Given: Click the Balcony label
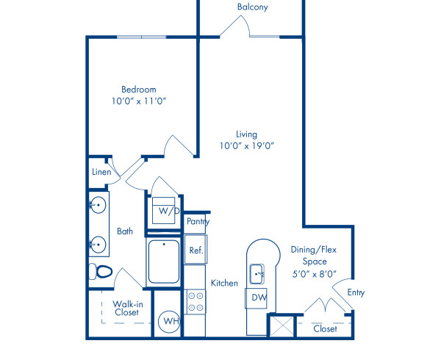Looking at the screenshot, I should click(252, 7).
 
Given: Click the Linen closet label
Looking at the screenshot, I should click(101, 172).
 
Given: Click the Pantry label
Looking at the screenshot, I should click(198, 221).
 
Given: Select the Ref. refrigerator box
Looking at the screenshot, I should click(196, 250).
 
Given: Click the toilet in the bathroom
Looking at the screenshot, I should click(101, 272).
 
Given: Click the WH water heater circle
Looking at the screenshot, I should click(170, 321).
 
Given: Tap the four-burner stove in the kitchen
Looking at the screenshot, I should click(196, 301).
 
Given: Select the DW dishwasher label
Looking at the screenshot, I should click(258, 298).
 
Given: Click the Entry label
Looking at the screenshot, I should click(356, 292).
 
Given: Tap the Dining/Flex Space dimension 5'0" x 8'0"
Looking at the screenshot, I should click(314, 273).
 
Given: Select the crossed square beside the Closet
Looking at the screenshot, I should click(281, 325).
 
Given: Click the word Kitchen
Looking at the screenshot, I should click(223, 283).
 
